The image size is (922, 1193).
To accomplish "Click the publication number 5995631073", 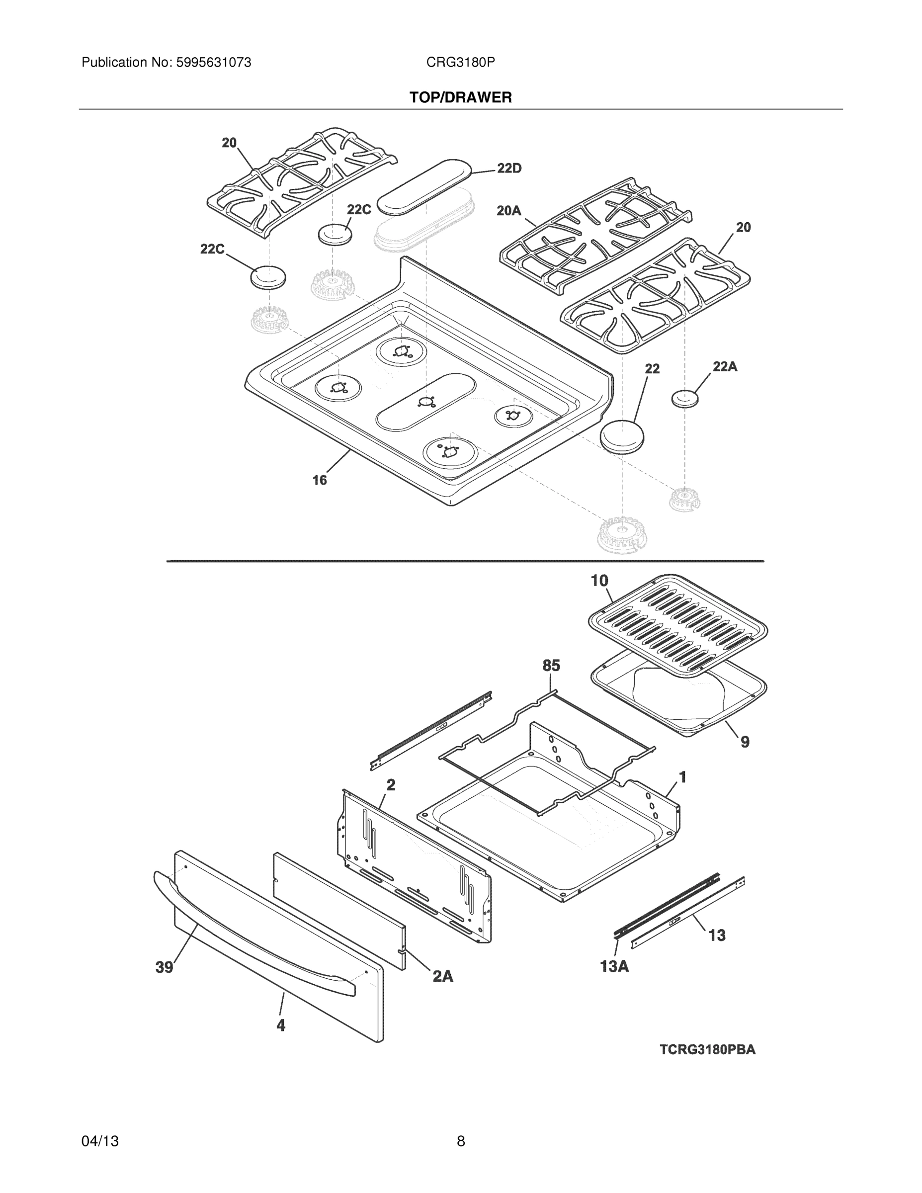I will [x=213, y=63].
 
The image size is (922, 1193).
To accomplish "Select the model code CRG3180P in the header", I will [x=460, y=63].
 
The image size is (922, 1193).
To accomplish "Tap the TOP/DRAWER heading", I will [x=460, y=98].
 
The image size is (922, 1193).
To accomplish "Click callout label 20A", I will [x=509, y=211].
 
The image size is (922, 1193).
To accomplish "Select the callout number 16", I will [x=320, y=480].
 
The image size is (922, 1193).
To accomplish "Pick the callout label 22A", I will [x=725, y=367].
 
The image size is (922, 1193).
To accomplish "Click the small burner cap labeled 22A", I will [x=685, y=398].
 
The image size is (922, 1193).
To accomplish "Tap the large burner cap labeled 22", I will [x=622, y=436].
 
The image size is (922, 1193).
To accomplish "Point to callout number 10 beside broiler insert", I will [x=599, y=581].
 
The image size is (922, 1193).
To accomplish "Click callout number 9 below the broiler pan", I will [x=745, y=742].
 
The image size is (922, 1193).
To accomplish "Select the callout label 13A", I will [x=614, y=967].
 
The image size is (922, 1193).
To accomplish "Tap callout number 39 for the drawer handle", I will [x=165, y=968].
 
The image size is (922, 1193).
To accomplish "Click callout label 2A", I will [x=443, y=976].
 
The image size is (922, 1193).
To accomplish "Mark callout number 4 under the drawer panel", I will [x=281, y=1026].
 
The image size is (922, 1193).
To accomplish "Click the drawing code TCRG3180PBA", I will [x=707, y=1050].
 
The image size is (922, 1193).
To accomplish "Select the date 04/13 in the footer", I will [x=100, y=1141].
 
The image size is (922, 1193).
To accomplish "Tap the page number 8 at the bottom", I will [x=460, y=1141].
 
